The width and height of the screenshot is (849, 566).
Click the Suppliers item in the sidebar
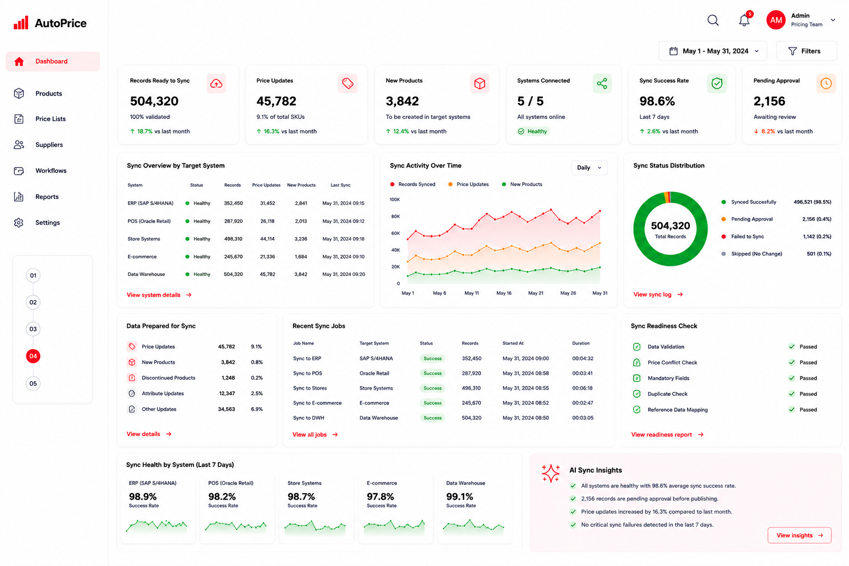pyautogui.click(x=49, y=145)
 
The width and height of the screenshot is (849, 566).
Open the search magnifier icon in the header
pyautogui.click(x=713, y=20)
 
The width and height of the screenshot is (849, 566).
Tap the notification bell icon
pyautogui.click(x=745, y=20)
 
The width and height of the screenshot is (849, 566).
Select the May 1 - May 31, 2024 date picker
pyautogui.click(x=713, y=51)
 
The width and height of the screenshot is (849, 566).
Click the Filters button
pyautogui.click(x=806, y=51)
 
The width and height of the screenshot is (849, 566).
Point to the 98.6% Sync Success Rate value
pyautogui.click(x=657, y=101)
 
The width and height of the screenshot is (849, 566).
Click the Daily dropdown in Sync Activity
pyautogui.click(x=589, y=167)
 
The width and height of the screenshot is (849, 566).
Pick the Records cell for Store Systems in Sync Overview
pyautogui.click(x=233, y=239)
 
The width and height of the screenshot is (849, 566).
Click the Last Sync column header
pyautogui.click(x=340, y=185)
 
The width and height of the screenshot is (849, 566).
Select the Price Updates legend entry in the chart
pyautogui.click(x=469, y=184)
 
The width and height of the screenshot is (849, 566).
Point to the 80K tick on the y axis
pyautogui.click(x=395, y=217)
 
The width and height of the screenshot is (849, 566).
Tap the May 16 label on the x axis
pyautogui.click(x=504, y=293)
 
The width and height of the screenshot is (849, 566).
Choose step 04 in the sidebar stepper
pyautogui.click(x=33, y=356)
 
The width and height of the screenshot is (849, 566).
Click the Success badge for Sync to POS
pyautogui.click(x=432, y=374)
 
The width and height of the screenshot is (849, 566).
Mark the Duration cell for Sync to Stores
pyautogui.click(x=582, y=388)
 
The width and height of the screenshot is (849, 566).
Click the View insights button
pyautogui.click(x=799, y=535)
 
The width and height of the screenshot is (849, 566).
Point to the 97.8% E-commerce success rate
pyautogui.click(x=380, y=496)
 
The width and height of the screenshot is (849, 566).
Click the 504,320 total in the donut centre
pyautogui.click(x=670, y=226)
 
